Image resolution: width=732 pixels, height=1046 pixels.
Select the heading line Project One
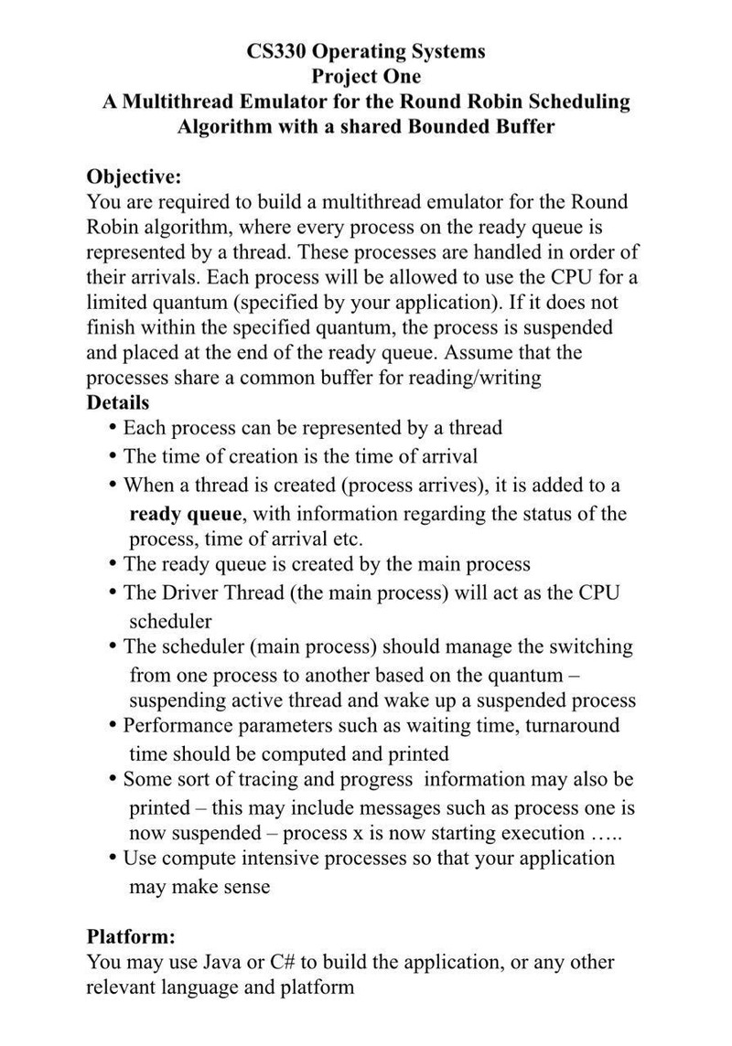tap(366, 76)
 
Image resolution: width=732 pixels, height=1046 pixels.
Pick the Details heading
tap(118, 402)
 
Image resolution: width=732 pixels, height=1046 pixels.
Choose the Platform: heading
tap(131, 936)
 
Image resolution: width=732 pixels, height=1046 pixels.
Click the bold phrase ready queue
tap(187, 512)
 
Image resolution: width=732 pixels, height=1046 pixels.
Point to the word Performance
tap(175, 725)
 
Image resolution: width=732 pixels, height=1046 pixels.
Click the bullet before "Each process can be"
tap(113, 428)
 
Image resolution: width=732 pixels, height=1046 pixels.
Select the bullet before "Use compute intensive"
tap(113, 858)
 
